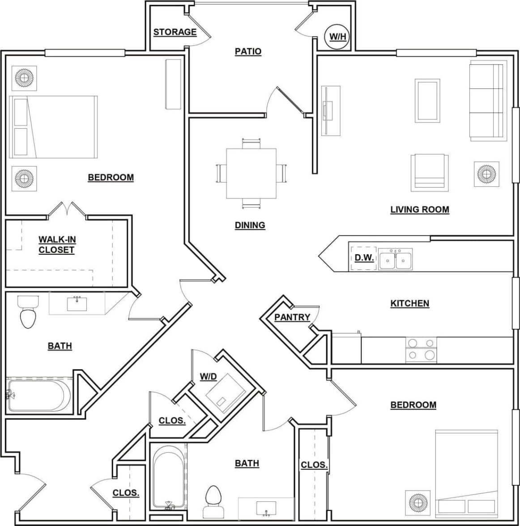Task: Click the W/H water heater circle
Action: tap(337, 36)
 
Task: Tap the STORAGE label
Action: tap(175, 32)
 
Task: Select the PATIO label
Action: tap(248, 51)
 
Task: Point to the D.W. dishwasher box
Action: tap(363, 258)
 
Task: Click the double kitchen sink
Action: tap(395, 260)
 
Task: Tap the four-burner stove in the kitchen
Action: tap(421, 349)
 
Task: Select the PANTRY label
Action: tap(292, 317)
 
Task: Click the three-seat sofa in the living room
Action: tap(486, 101)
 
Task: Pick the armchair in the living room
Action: tap(430, 172)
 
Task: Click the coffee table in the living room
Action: tap(427, 101)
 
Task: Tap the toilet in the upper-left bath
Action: tap(28, 312)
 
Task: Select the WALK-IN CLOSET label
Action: tap(57, 244)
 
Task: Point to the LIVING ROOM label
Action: tap(419, 210)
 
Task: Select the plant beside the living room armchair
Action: tap(486, 173)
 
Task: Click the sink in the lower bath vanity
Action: tap(266, 508)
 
